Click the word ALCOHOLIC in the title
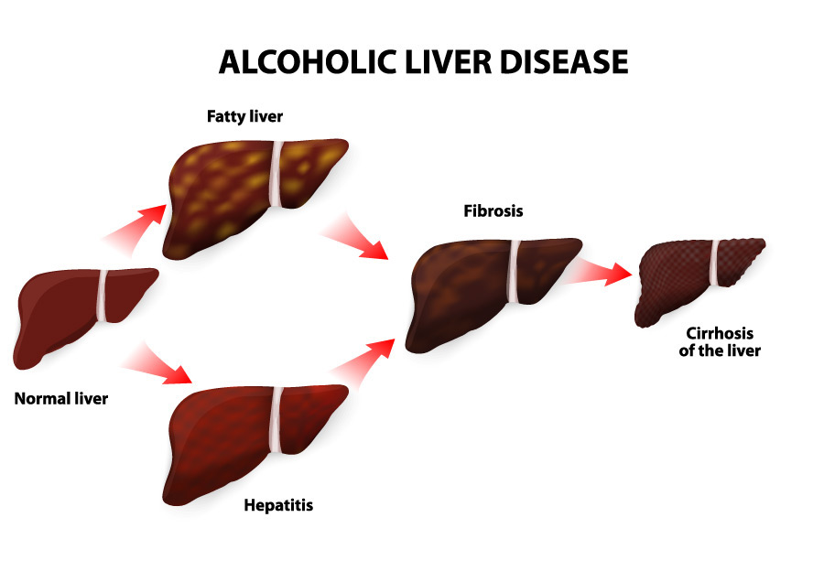pyautogui.click(x=308, y=61)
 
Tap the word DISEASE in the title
pyautogui.click(x=564, y=61)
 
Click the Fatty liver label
pyautogui.click(x=244, y=116)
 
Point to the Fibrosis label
pyautogui.click(x=493, y=211)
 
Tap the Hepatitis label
pyautogui.click(x=278, y=505)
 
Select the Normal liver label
pyautogui.click(x=61, y=399)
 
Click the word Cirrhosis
pyautogui.click(x=720, y=333)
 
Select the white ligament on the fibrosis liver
pyautogui.click(x=514, y=272)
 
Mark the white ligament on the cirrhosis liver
pyautogui.click(x=714, y=263)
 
